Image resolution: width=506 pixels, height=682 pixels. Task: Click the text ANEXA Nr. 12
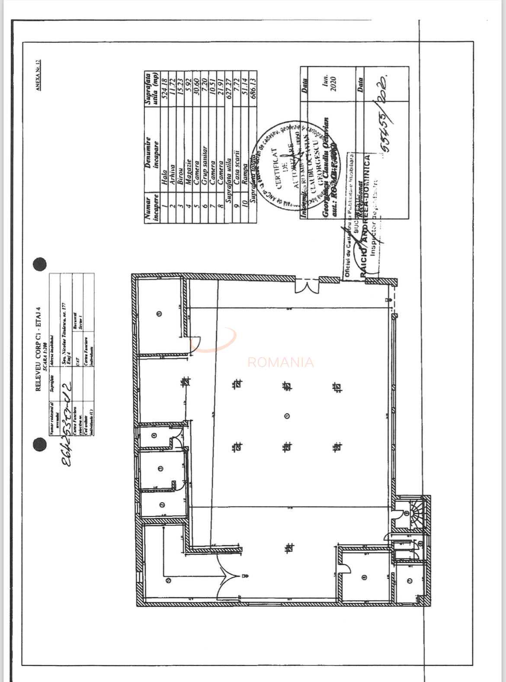pos(38,75)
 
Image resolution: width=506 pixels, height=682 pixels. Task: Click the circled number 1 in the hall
pos(287,416)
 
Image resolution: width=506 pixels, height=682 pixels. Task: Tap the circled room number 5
pos(159,314)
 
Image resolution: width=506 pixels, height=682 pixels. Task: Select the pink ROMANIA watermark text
pos(280,362)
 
